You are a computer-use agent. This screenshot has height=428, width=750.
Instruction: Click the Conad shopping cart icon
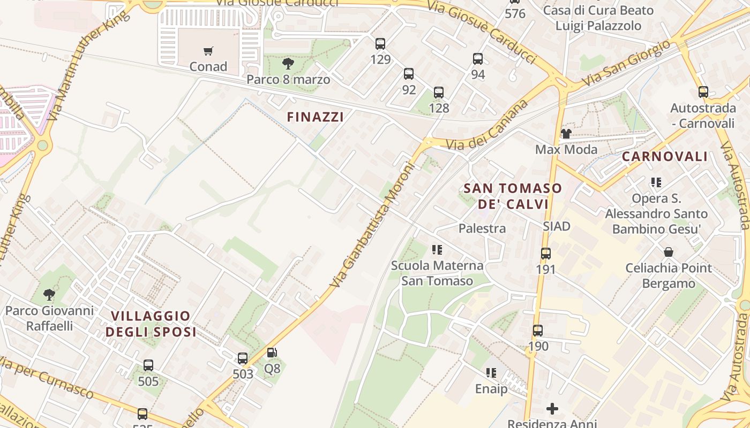tap(208, 51)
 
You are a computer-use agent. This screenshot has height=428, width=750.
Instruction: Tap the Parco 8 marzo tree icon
tap(288, 64)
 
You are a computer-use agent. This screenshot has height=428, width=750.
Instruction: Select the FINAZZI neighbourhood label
tap(316, 117)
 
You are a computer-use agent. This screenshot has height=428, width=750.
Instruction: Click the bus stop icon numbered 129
tap(380, 44)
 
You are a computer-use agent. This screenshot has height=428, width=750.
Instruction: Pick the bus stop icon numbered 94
tap(478, 59)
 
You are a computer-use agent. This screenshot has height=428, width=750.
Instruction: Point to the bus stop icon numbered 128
tap(439, 93)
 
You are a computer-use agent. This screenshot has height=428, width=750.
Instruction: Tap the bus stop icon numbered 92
tap(409, 74)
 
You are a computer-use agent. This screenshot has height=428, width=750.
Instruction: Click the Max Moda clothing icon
tap(566, 134)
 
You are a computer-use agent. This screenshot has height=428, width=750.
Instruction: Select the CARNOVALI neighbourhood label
tap(665, 157)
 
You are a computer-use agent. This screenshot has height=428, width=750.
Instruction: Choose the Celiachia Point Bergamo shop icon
tap(669, 252)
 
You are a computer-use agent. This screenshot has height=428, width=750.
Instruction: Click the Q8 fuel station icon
tap(272, 353)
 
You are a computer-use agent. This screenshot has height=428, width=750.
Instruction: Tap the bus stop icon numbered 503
tap(243, 358)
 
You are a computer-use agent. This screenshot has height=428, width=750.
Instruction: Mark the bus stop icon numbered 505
tap(148, 365)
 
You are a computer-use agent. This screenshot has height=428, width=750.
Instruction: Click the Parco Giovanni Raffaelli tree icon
tap(49, 295)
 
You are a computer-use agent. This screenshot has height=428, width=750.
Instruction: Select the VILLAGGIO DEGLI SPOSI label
tap(151, 324)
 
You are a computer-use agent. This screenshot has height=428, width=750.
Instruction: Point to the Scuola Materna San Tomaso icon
tap(437, 250)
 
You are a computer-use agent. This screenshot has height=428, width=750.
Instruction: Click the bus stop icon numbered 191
tap(546, 254)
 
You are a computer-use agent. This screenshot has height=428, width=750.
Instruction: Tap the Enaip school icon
tap(491, 373)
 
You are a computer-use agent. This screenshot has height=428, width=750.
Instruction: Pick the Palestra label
tap(482, 228)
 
